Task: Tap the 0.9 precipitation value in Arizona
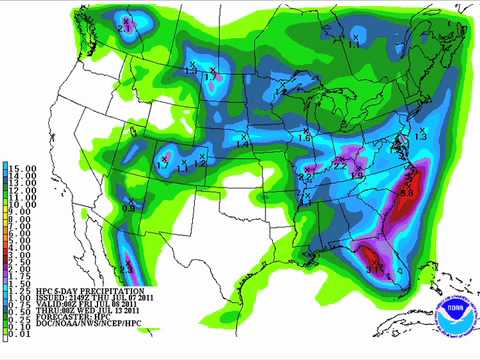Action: pos(129,207)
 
